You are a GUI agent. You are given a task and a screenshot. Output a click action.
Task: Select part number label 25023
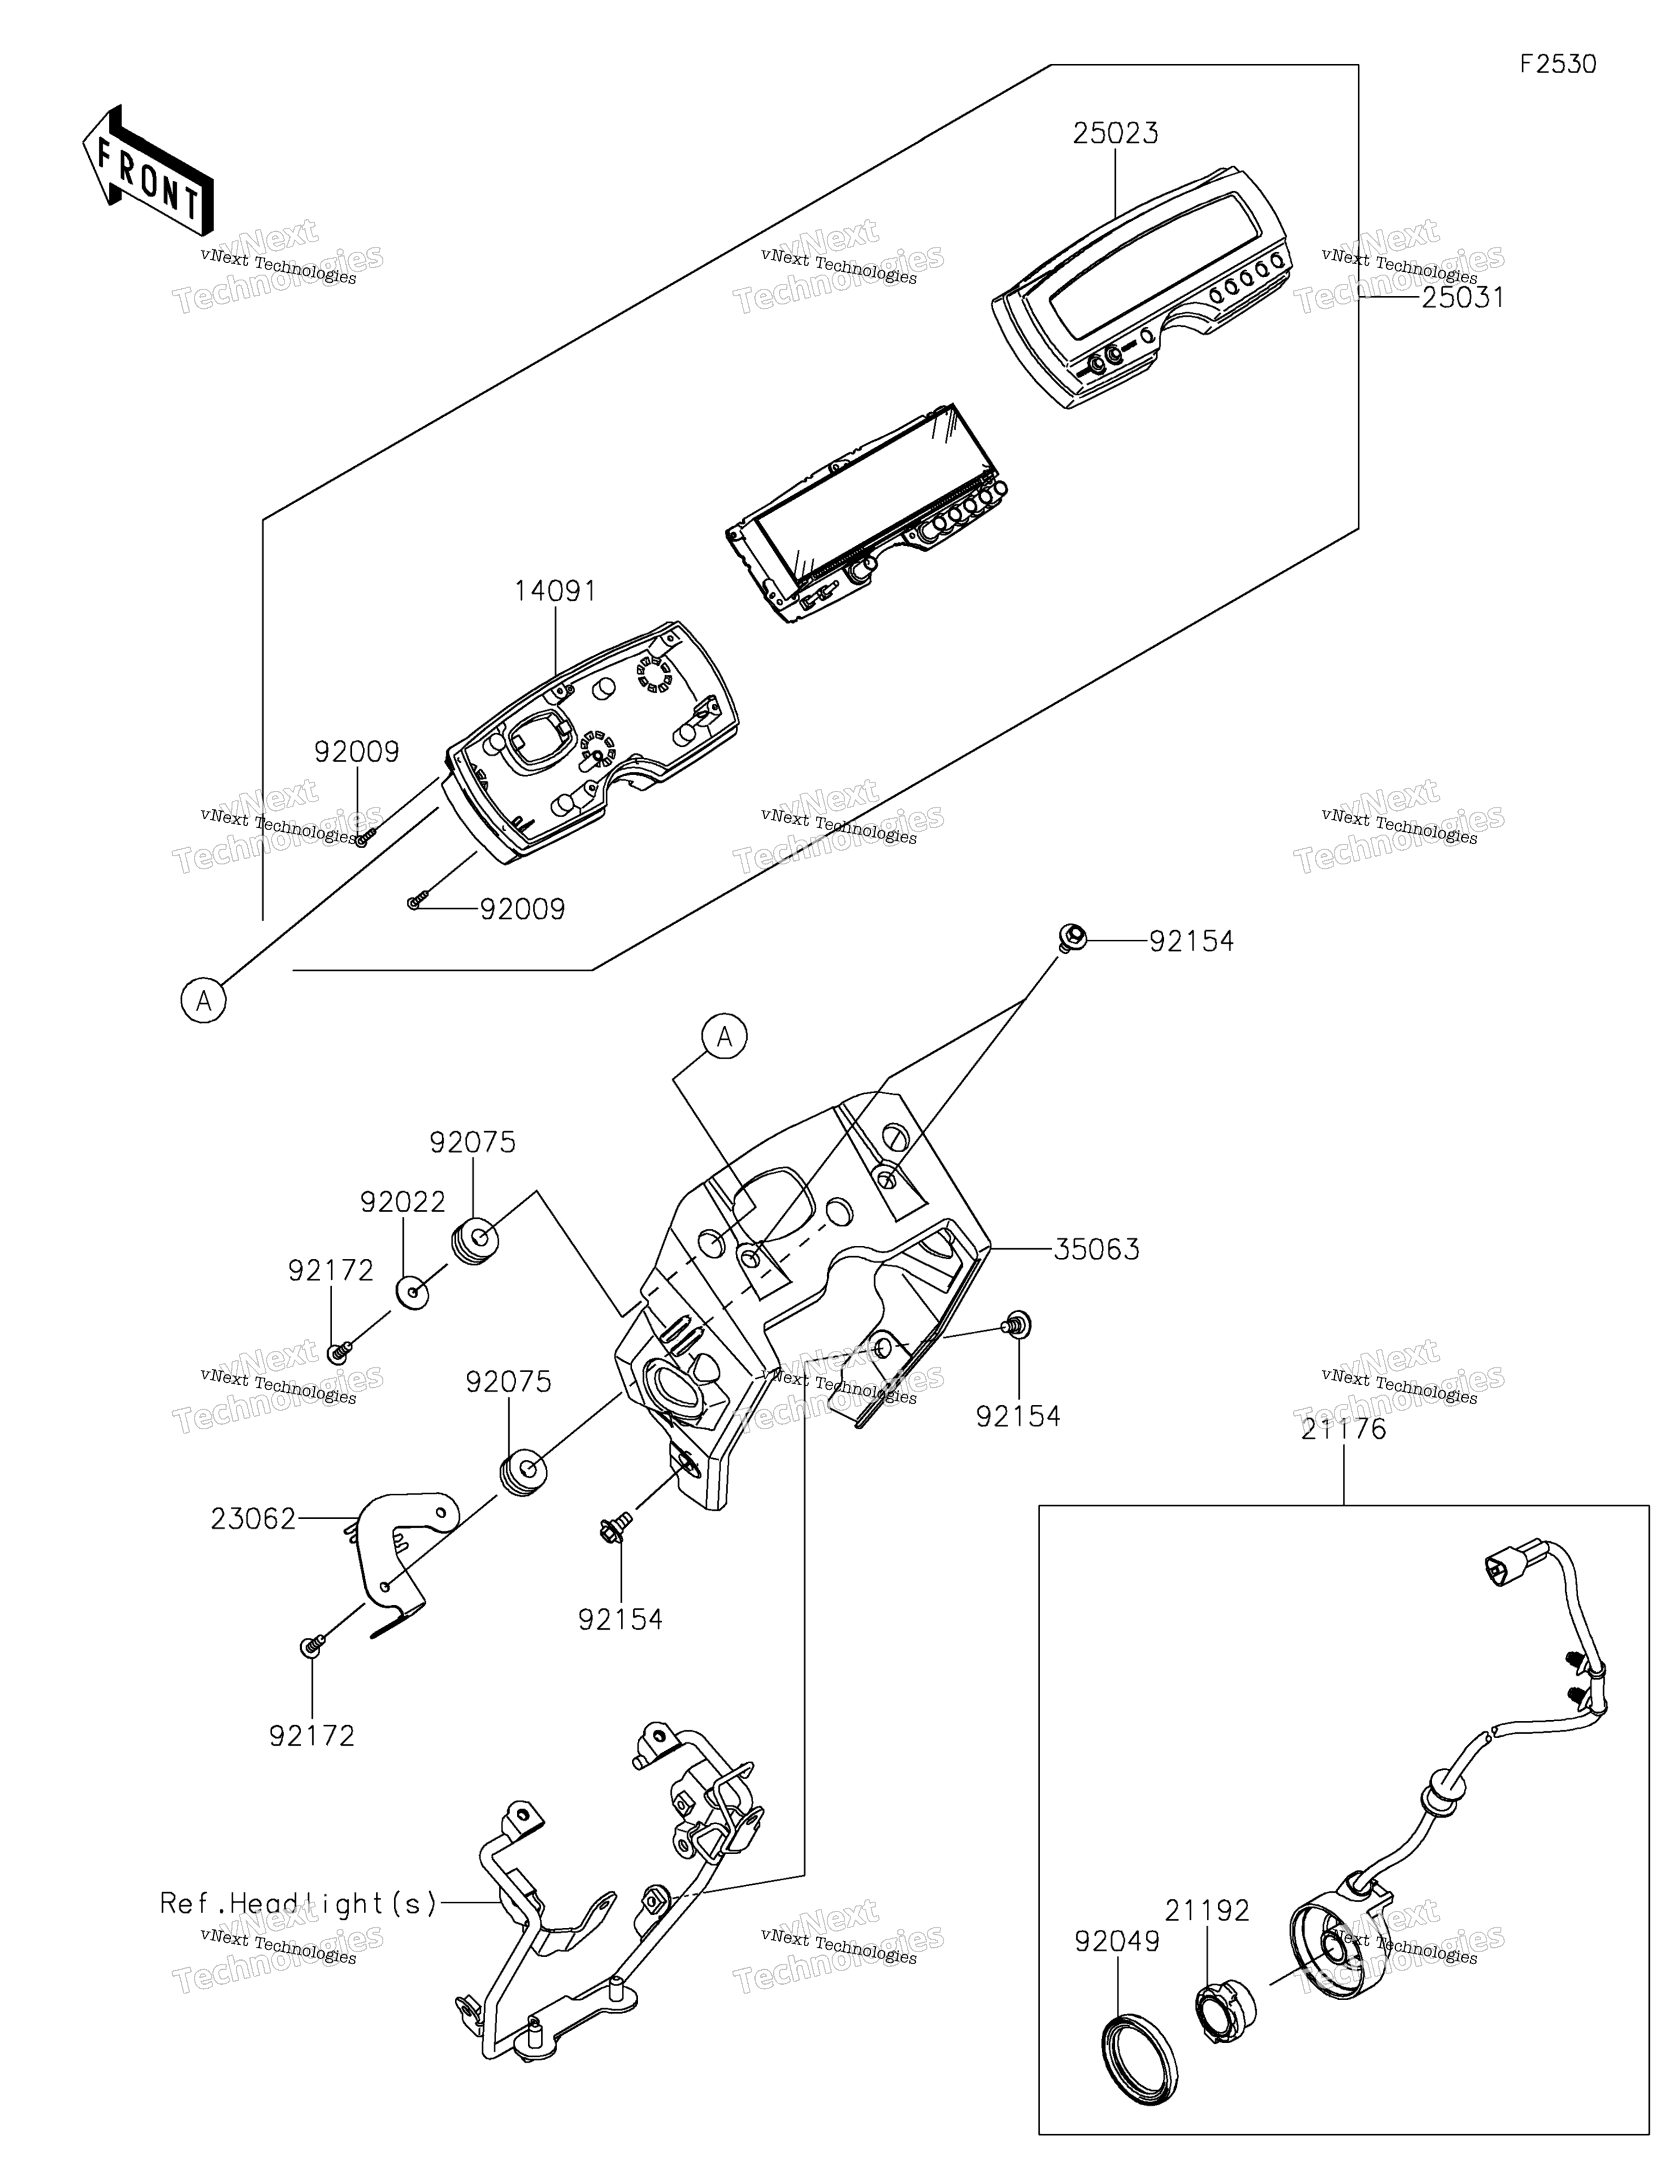pos(1116,133)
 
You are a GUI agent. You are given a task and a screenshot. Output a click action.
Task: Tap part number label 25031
pos(1462,297)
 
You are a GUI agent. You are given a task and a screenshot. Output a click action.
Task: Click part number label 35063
pos(1096,1249)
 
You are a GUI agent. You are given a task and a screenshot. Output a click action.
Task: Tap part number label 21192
pos(1207,1910)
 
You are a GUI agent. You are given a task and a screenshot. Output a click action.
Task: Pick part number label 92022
pos(403,1202)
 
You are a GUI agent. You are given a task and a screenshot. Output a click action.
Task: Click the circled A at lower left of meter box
pos(204,1001)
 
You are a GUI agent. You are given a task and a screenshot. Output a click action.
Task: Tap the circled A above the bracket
pos(725,1037)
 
